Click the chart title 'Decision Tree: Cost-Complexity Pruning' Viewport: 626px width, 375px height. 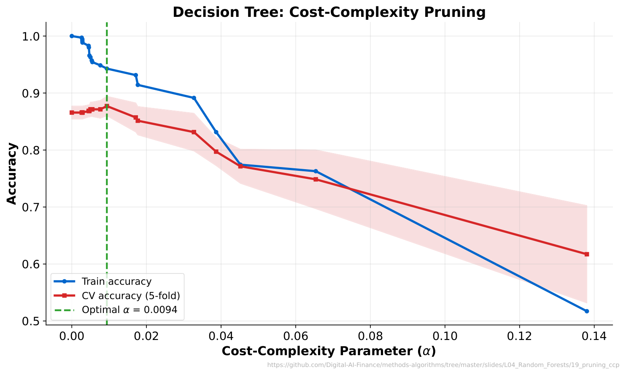pos(329,12)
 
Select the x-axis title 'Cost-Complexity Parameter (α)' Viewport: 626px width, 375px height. pos(329,351)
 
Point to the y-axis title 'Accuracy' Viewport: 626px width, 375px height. pos(12,173)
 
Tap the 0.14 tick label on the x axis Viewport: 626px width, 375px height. pos(594,336)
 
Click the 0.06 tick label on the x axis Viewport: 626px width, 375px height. pos(295,336)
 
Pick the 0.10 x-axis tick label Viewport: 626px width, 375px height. pos(445,336)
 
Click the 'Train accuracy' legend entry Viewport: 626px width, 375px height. pos(116,281)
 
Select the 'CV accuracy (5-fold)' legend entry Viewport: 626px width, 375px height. pos(131,296)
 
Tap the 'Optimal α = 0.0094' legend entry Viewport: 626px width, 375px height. pos(129,310)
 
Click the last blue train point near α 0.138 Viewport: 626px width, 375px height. pos(587,311)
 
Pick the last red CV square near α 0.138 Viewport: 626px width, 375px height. pos(587,254)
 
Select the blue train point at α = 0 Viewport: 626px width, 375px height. pos(72,36)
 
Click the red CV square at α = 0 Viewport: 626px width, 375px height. pos(72,113)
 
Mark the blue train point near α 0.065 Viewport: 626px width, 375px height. pos(316,171)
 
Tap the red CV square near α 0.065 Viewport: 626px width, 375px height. pos(316,179)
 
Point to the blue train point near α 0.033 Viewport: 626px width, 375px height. pos(194,98)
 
